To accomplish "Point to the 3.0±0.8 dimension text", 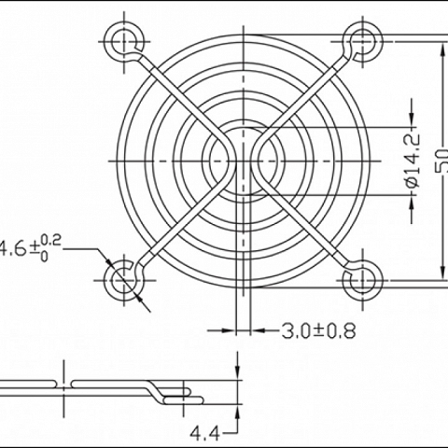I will click(318, 329).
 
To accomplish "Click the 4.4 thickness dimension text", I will click(204, 433).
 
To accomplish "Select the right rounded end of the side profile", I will click(199, 393).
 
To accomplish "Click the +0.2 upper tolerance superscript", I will click(51, 241).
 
